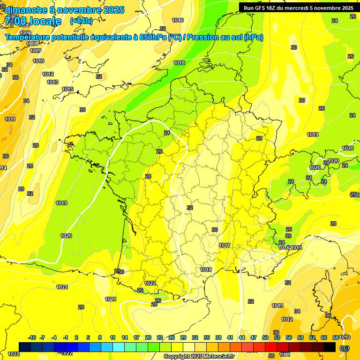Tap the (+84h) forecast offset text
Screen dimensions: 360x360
81,21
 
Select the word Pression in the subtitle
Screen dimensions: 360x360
202,37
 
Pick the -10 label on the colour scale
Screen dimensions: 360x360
32,337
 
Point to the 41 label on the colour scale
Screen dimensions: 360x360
230,337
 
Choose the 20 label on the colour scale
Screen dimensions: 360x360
148,337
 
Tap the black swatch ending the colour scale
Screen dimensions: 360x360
330,347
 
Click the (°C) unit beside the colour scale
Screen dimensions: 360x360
344,348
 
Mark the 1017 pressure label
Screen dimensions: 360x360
224,245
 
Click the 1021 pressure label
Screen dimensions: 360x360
111,299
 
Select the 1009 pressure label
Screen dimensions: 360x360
36,51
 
